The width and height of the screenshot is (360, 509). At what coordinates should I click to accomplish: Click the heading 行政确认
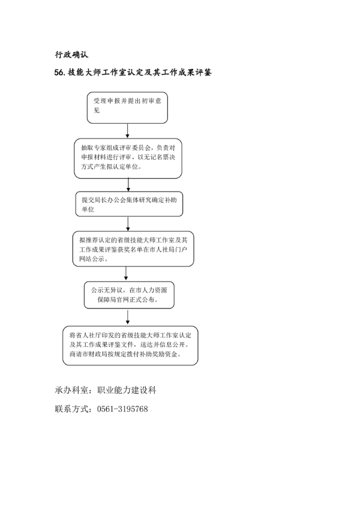point(71,55)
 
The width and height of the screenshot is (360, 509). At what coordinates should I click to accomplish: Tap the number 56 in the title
point(58,73)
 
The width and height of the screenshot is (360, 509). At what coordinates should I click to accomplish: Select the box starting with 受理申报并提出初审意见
point(127,106)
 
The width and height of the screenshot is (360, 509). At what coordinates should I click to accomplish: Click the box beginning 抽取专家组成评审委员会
point(128,158)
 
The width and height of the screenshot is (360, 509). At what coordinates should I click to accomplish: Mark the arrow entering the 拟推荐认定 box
point(127,223)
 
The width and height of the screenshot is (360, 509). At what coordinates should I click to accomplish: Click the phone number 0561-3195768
point(122,409)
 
